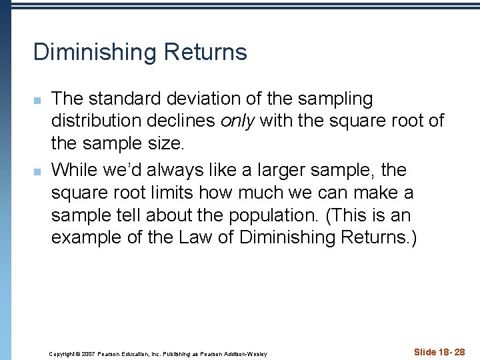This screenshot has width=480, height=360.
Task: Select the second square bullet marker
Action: click(x=38, y=172)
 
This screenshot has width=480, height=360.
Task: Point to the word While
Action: click(x=74, y=170)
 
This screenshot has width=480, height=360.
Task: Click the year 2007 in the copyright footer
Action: click(x=89, y=353)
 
